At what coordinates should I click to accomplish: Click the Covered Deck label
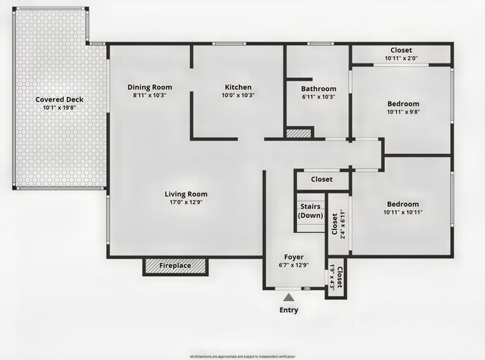59,99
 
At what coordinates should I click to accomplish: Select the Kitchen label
238,87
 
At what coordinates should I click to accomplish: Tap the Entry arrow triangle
289,299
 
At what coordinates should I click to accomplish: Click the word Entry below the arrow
289,311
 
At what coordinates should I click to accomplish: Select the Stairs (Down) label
310,211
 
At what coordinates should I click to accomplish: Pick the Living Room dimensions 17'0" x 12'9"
186,203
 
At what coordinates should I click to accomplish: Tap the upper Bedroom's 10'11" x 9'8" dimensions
403,112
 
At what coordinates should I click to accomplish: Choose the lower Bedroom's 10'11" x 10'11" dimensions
403,213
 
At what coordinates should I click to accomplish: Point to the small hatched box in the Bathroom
299,133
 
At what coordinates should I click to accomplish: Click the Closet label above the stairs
322,179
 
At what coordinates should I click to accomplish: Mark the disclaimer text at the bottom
242,356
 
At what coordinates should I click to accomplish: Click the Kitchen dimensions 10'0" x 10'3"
238,96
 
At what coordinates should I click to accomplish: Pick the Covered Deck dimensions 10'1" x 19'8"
59,108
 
